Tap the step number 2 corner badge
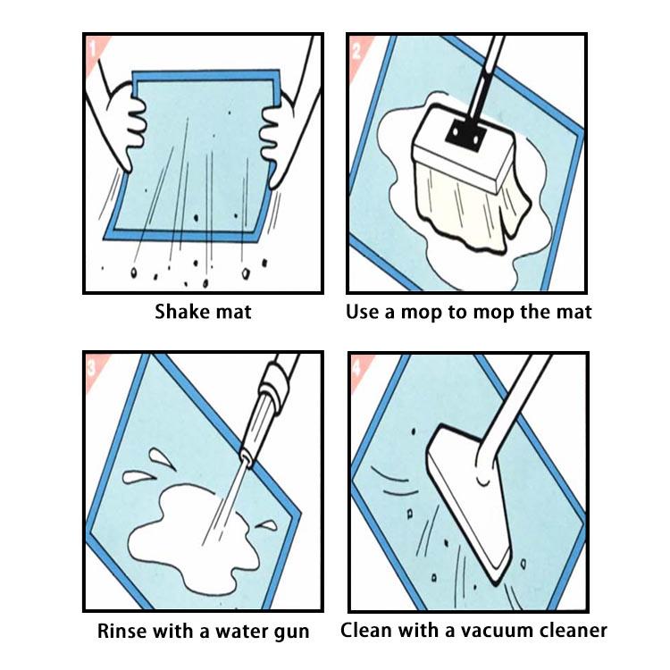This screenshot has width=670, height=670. click(x=357, y=46)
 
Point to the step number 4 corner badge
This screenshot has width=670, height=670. click(x=358, y=363)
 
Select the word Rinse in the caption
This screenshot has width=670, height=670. click(x=123, y=632)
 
